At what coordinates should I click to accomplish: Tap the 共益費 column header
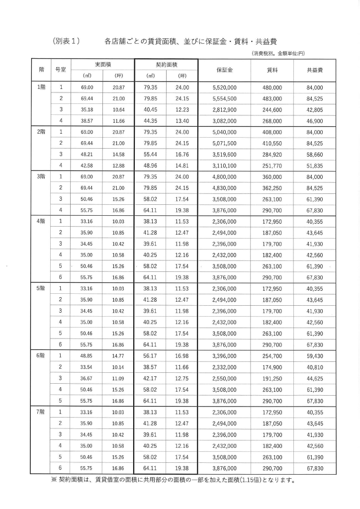[x=315, y=70]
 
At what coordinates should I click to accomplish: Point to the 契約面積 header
[x=166, y=65]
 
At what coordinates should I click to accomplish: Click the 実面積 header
[x=103, y=65]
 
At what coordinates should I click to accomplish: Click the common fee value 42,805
[x=315, y=109]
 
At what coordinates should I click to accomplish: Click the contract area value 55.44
[x=150, y=154]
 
